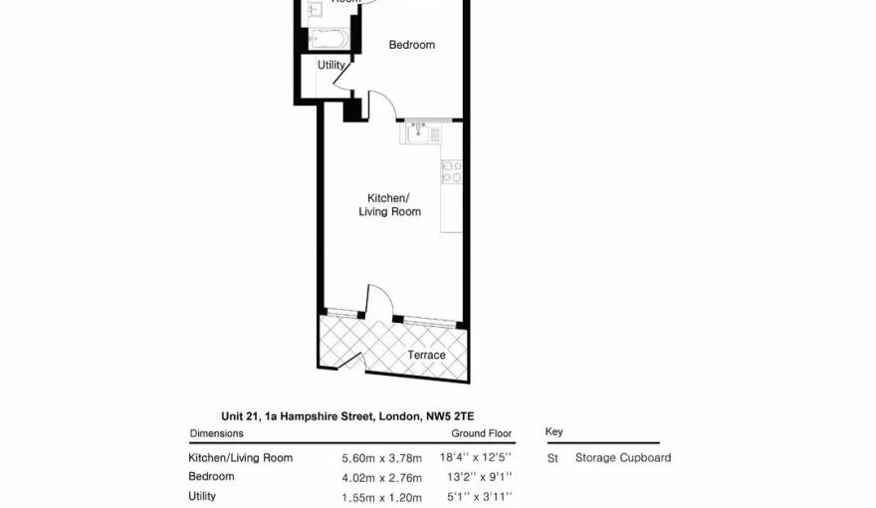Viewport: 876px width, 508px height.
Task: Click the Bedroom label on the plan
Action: [411, 45]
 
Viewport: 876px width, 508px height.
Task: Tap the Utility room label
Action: [330, 66]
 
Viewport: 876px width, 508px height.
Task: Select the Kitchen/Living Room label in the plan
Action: [389, 205]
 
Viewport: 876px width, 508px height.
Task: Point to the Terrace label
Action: [426, 356]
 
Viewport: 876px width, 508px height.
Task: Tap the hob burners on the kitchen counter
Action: [451, 172]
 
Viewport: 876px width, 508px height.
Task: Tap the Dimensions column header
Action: [216, 434]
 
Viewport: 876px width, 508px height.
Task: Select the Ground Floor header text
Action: [482, 434]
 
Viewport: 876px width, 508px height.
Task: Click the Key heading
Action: [553, 432]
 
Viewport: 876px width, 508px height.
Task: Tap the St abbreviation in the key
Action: [552, 458]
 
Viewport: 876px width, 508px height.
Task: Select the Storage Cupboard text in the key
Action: [622, 458]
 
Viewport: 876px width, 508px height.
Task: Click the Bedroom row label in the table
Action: [211, 477]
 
